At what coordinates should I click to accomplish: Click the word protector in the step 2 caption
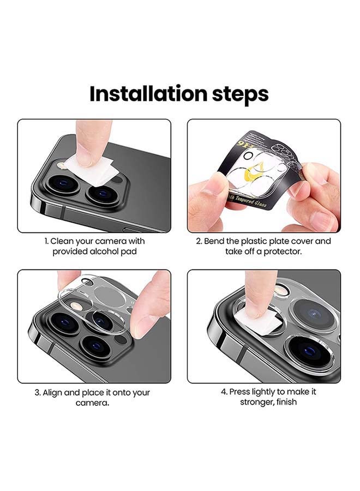pos(275,252)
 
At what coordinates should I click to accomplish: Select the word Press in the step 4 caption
pos(240,392)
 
